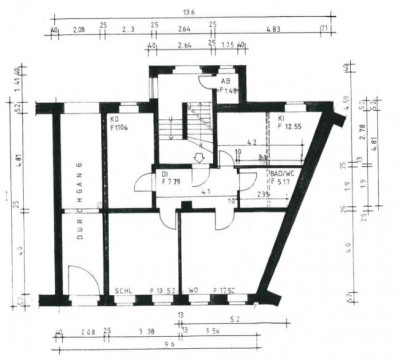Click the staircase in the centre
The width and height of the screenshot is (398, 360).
[189, 125]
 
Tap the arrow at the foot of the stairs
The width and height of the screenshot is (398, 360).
[198, 156]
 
